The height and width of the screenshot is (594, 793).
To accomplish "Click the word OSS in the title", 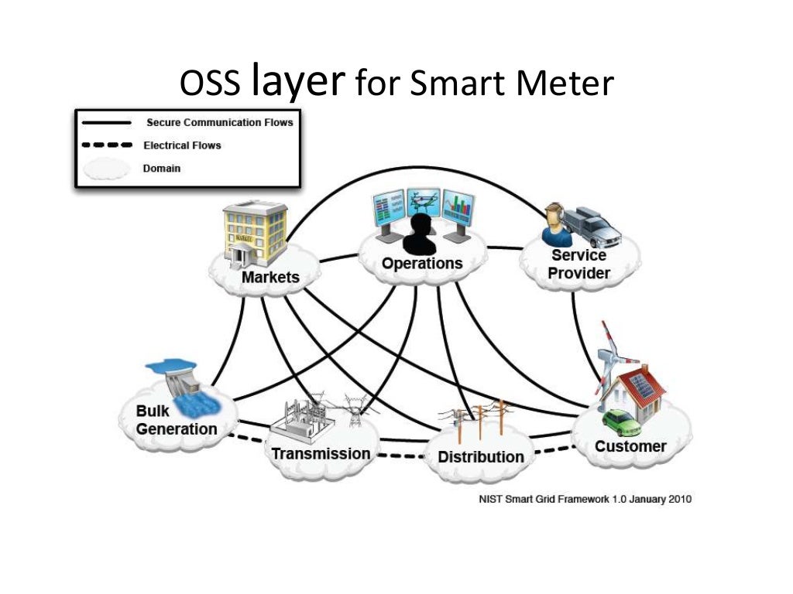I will tap(211, 84).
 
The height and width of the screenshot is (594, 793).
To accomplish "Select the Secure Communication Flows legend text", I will tap(220, 122).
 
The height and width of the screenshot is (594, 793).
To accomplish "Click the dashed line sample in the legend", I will tap(106, 145).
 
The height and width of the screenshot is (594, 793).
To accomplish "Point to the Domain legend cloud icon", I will tap(106, 169).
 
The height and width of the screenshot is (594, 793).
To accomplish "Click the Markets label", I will tap(269, 277).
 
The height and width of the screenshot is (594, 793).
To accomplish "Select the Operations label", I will tap(421, 264).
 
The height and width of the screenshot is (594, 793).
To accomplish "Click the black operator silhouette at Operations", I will tap(421, 235).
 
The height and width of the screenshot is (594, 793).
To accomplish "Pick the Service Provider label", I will tap(580, 264).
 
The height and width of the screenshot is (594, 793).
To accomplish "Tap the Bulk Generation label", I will tap(177, 420).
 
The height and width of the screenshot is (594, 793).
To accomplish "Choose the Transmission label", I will tap(321, 453).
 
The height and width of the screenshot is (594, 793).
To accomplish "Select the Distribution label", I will tap(480, 456).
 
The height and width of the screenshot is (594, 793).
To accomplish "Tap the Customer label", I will tap(630, 446).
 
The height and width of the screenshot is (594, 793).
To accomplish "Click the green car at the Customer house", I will tap(623, 422).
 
